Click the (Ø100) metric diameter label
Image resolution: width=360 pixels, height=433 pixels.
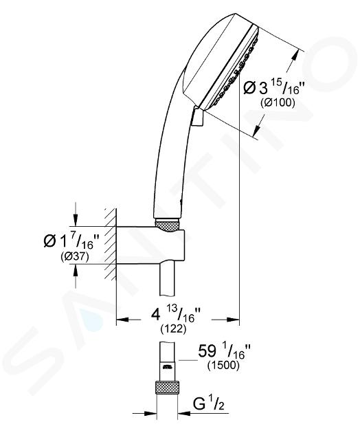[278, 102]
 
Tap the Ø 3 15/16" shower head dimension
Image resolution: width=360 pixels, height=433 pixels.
[274, 87]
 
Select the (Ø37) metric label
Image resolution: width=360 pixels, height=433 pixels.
[74, 257]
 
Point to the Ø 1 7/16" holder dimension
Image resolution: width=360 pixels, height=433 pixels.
[71, 241]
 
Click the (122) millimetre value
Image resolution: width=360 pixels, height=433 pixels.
[173, 329]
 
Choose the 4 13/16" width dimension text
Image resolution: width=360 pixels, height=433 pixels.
[176, 315]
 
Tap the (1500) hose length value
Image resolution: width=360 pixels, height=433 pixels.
[223, 365]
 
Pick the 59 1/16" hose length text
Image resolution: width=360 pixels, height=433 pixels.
[224, 351]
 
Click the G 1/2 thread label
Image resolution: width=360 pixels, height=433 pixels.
[208, 405]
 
